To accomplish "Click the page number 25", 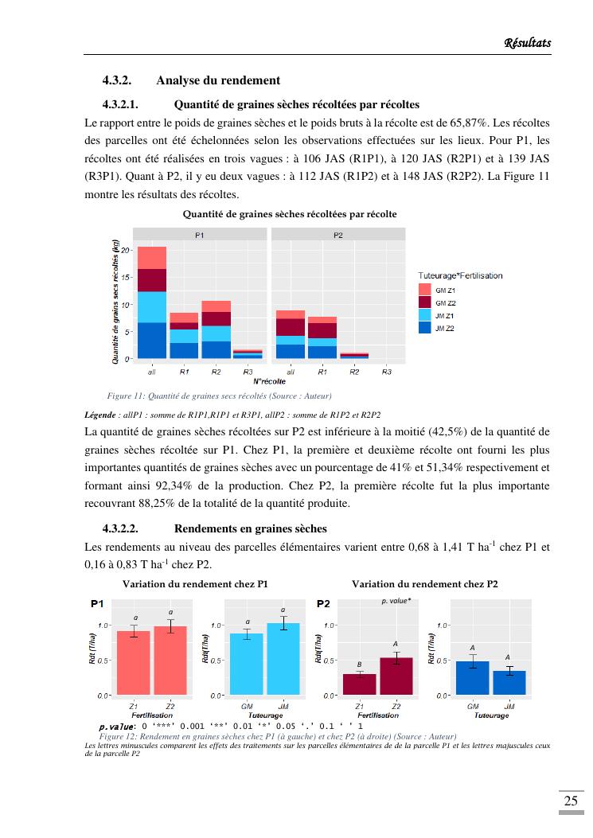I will pyautogui.click(x=571, y=801).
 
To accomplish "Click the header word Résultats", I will pyautogui.click(x=528, y=42).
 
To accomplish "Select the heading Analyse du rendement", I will pyautogui.click(x=218, y=80).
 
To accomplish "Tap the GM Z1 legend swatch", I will pyautogui.click(x=424, y=290).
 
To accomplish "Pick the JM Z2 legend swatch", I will pyautogui.click(x=424, y=328).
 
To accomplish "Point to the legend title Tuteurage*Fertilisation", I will pyautogui.click(x=460, y=275).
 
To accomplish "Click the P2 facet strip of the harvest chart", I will pyautogui.click(x=338, y=235).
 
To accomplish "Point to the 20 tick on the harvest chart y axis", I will pyautogui.click(x=125, y=251).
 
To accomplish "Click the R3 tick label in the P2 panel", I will pyautogui.click(x=386, y=372).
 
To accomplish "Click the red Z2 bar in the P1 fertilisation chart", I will pyautogui.click(x=170, y=661).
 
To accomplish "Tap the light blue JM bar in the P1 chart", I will pyautogui.click(x=283, y=659).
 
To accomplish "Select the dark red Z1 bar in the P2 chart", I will pyautogui.click(x=360, y=684).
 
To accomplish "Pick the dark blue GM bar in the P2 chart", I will pyautogui.click(x=473, y=678).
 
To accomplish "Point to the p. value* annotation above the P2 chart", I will pyautogui.click(x=396, y=602).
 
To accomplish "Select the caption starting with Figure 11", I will pyautogui.click(x=219, y=396).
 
